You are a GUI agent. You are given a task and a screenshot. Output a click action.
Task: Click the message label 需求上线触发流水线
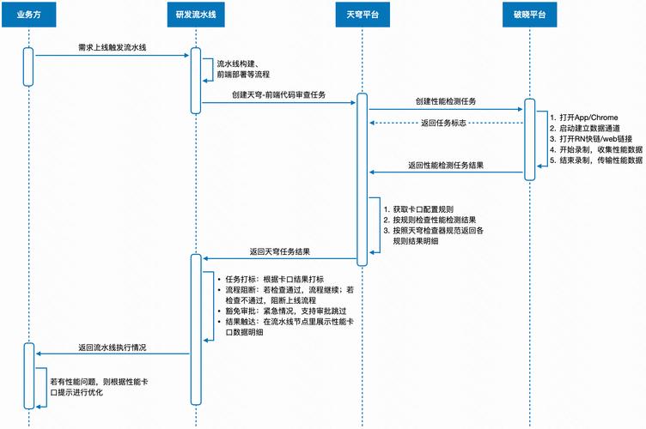[110, 45]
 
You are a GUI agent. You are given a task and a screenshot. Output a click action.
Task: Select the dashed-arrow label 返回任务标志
[443, 124]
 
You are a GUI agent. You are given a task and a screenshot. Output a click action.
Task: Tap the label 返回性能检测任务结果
[445, 164]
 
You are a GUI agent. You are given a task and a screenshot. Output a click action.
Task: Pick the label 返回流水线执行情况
[112, 347]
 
